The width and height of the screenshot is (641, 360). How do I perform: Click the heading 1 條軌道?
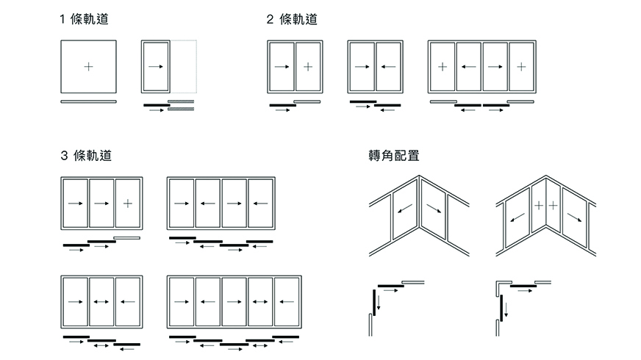click(87, 20)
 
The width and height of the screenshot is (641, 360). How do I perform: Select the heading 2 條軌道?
click(292, 20)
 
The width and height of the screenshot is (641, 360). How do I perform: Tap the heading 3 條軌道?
click(87, 156)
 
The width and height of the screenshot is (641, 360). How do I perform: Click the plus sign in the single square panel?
click(88, 67)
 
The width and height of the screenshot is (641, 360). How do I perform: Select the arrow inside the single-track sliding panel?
click(155, 67)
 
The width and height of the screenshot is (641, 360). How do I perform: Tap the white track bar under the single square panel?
click(88, 101)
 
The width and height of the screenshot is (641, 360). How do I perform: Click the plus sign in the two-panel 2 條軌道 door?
click(308, 67)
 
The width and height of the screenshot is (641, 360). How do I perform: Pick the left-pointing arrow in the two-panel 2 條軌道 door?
click(388, 67)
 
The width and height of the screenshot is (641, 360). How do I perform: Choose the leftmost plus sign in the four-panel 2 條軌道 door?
click(443, 67)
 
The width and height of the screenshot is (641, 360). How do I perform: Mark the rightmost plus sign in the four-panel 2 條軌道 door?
click(521, 67)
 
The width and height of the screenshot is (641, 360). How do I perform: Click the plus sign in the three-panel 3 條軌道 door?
click(127, 203)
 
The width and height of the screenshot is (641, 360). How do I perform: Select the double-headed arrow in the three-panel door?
click(101, 301)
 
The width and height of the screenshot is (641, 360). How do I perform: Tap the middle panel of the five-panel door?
click(234, 301)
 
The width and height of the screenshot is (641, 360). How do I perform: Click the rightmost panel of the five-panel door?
click(287, 301)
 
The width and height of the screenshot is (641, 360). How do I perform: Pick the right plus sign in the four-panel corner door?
click(554, 205)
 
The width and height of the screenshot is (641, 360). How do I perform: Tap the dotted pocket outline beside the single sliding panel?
click(184, 66)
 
